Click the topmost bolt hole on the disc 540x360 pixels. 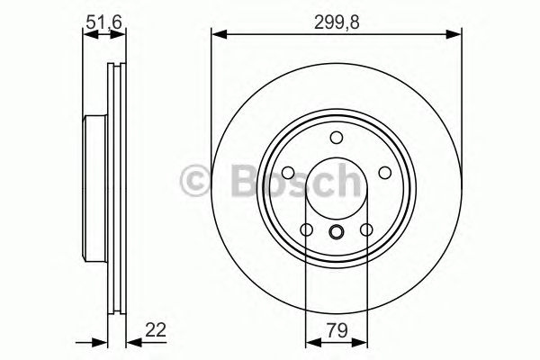(337, 137)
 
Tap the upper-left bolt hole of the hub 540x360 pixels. (288, 173)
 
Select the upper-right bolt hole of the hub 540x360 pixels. (384, 173)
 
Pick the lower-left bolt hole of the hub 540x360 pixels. (307, 230)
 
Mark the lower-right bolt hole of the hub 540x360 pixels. (366, 230)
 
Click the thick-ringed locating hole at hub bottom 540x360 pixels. (337, 234)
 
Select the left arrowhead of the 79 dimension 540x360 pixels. (311, 341)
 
